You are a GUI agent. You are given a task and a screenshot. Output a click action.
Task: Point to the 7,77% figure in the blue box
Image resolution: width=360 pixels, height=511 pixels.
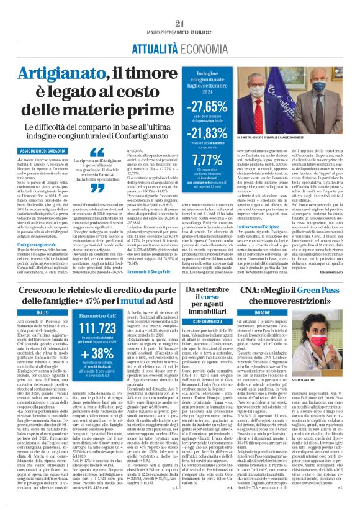[x=204, y=160]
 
